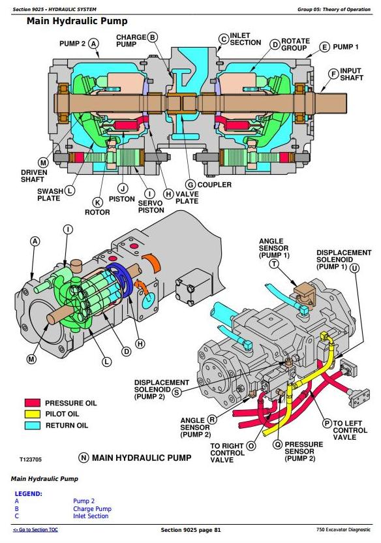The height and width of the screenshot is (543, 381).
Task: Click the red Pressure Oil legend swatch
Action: pyautogui.click(x=32, y=403)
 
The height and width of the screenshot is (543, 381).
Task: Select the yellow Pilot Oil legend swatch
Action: pyautogui.click(x=32, y=414)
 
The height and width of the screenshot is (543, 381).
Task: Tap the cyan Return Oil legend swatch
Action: pyautogui.click(x=32, y=426)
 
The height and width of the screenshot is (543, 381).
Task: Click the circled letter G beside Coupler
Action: pyautogui.click(x=190, y=185)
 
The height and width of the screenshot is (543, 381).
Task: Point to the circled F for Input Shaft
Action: pyautogui.click(x=333, y=74)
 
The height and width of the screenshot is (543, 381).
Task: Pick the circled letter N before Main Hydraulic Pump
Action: pyautogui.click(x=84, y=458)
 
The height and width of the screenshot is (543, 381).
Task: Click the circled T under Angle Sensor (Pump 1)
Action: pyautogui.click(x=274, y=264)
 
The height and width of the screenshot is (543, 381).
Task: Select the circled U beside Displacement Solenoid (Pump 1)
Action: pyautogui.click(x=354, y=268)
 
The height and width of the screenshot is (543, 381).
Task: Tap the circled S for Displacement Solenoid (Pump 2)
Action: pyautogui.click(x=177, y=392)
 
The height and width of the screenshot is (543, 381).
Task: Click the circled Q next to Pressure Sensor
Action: pyautogui.click(x=277, y=444)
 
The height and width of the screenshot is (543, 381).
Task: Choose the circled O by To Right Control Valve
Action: pyautogui.click(x=251, y=446)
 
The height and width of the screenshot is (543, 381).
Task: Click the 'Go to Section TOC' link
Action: pyautogui.click(x=35, y=530)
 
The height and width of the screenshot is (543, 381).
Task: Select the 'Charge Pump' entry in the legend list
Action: pyautogui.click(x=92, y=508)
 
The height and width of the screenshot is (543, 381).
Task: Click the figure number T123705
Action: pyautogui.click(x=31, y=459)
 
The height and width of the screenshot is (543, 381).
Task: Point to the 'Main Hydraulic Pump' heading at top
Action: pyautogui.click(x=77, y=22)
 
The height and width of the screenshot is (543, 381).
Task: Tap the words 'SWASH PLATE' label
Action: pyautogui.click(x=50, y=194)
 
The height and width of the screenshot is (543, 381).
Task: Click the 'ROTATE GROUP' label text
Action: pyautogui.click(x=295, y=44)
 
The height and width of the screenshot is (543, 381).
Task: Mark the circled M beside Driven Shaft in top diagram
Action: pyautogui.click(x=43, y=163)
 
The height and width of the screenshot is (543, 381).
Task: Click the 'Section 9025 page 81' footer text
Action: pyautogui.click(x=190, y=530)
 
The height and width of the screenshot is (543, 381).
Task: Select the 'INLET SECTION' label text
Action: pyautogui.click(x=245, y=39)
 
